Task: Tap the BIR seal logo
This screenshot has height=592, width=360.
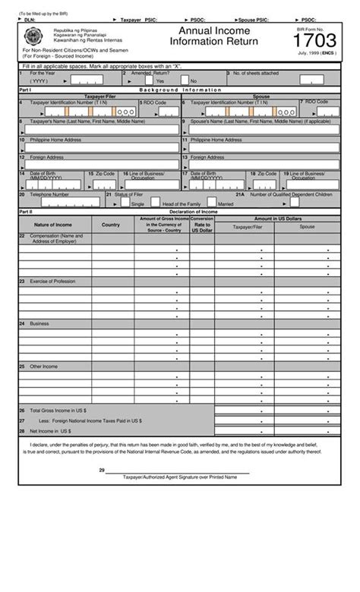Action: [35, 35]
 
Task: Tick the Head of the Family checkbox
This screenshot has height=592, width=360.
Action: [155, 203]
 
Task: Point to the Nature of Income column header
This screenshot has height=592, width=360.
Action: [52, 225]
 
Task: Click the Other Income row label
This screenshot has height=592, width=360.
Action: [43, 366]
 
